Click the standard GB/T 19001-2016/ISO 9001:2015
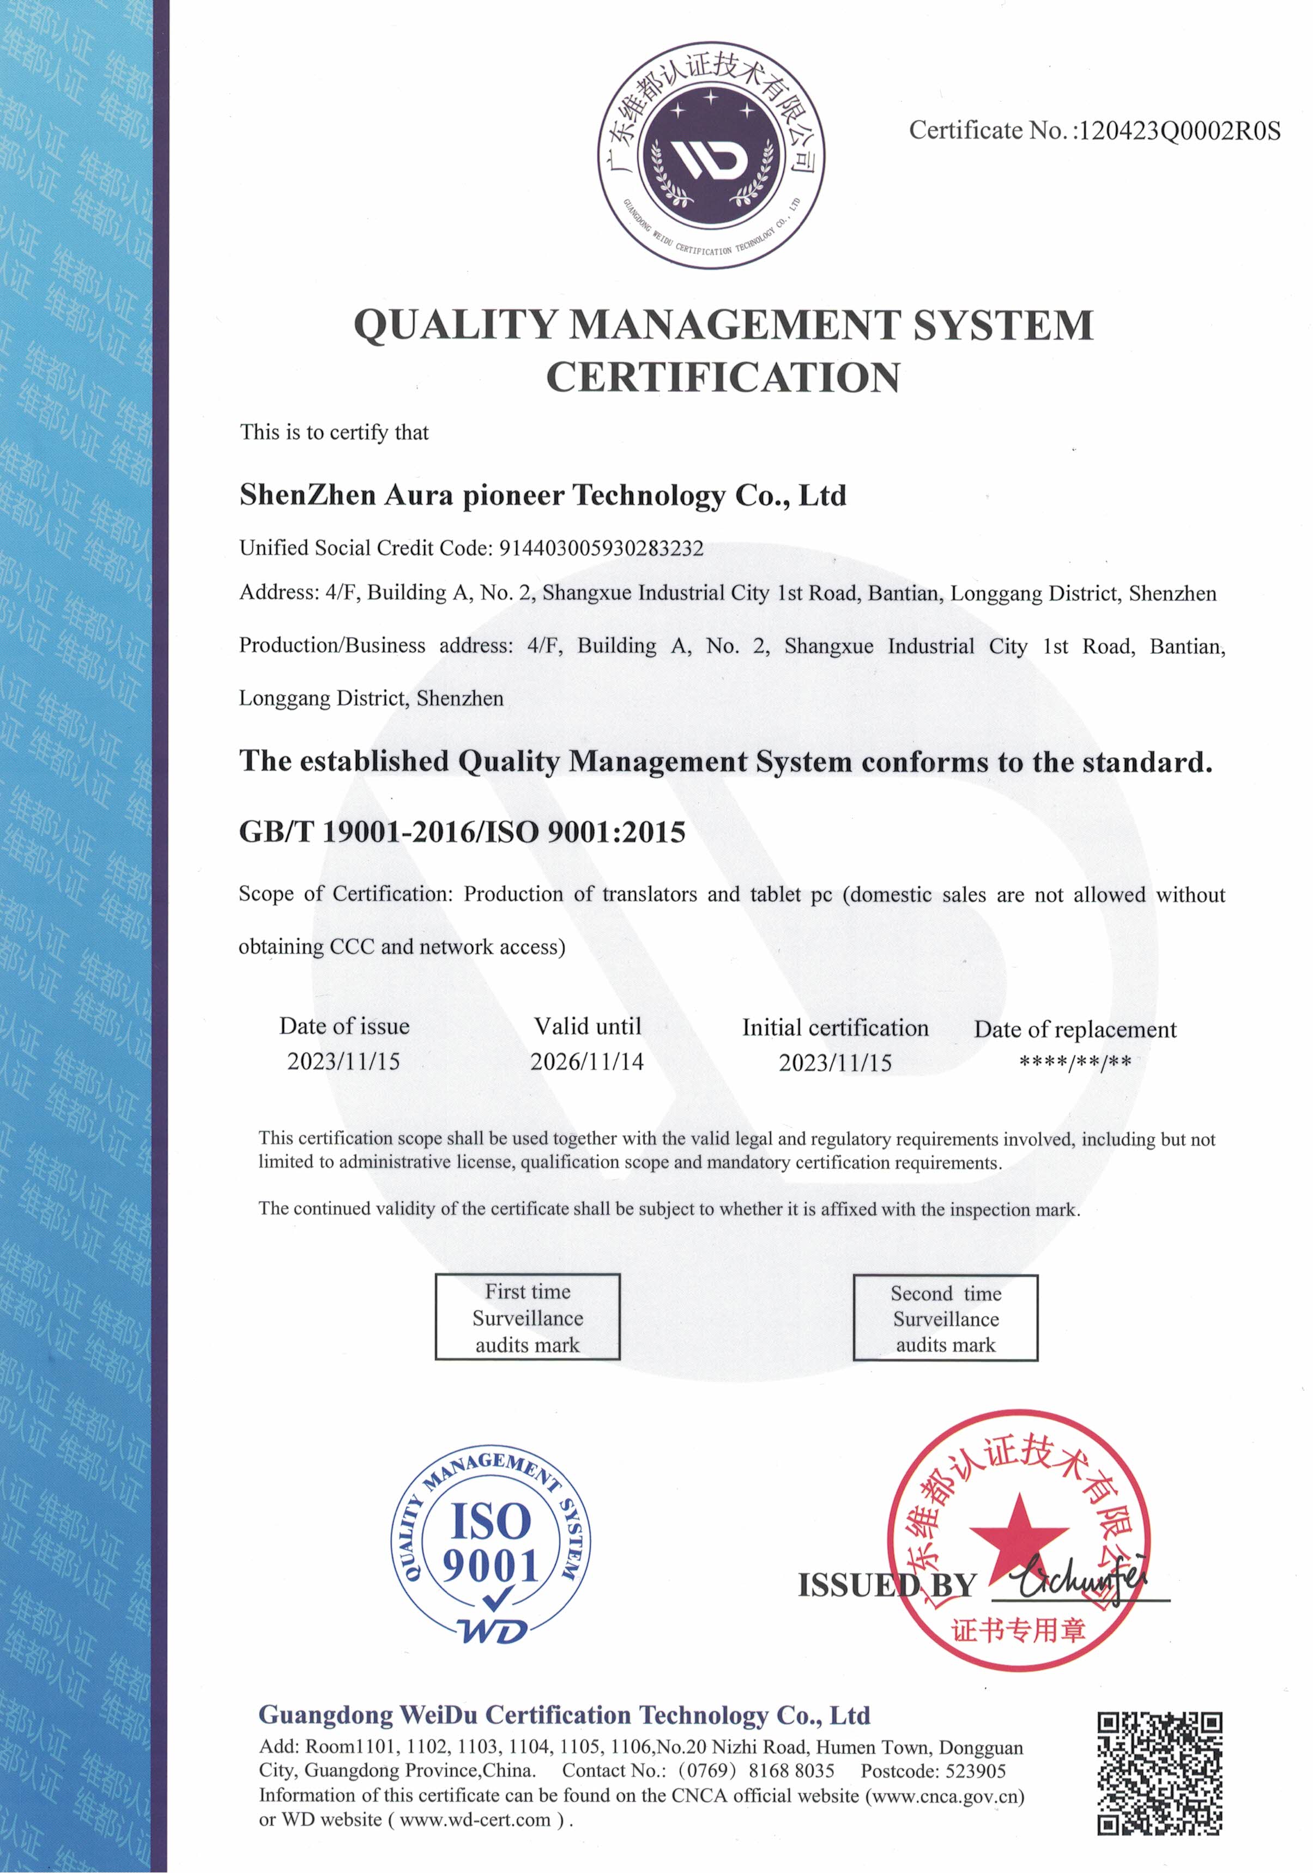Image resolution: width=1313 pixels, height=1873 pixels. [462, 832]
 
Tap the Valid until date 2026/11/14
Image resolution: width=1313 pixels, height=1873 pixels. [586, 1062]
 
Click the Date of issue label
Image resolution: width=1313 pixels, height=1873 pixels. [344, 1026]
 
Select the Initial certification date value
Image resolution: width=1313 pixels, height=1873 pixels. [835, 1063]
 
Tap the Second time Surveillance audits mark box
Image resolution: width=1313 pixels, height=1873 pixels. [945, 1319]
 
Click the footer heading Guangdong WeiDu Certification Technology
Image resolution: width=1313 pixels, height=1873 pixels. [564, 1716]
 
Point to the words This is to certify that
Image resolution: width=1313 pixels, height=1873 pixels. [334, 432]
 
